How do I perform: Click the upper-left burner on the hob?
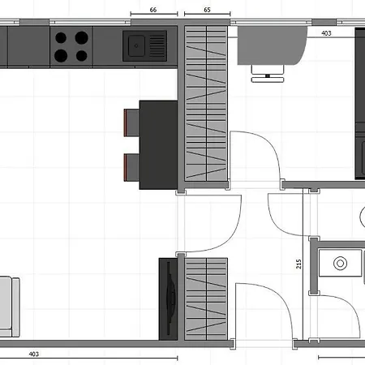pos(62,37)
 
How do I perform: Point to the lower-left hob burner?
pos(62,55)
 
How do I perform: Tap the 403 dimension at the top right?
pos(326,33)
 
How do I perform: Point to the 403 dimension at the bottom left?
pos(34,354)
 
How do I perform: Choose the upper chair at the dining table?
pos(131,122)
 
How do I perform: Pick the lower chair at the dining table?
pos(131,167)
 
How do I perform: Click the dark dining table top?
pos(158,144)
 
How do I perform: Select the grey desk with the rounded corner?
pos(272,49)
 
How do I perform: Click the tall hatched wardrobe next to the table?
pos(205,105)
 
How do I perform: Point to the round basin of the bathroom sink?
pos(339,263)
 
